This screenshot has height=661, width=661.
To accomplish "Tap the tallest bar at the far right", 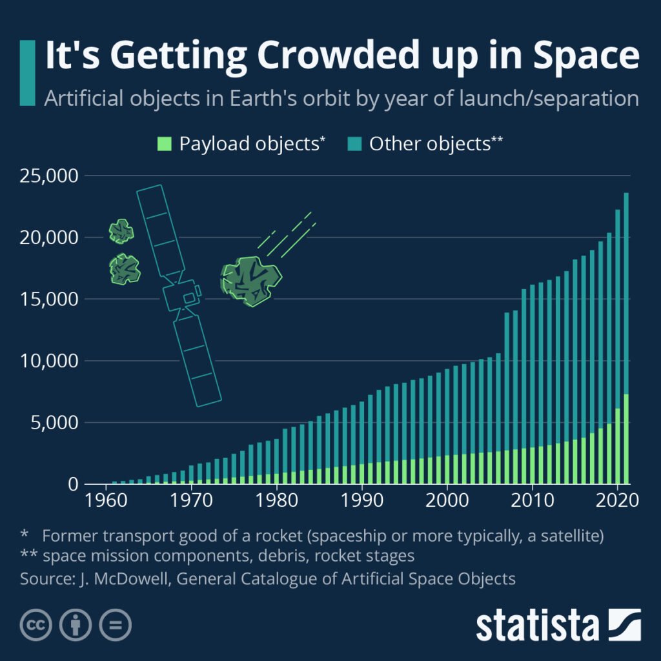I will coord(626,336).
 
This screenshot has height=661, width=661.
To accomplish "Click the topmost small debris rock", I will coord(121,231).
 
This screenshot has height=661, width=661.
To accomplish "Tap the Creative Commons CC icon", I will coord(37,625).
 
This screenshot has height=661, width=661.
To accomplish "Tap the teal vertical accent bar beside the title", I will coord(27,72).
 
